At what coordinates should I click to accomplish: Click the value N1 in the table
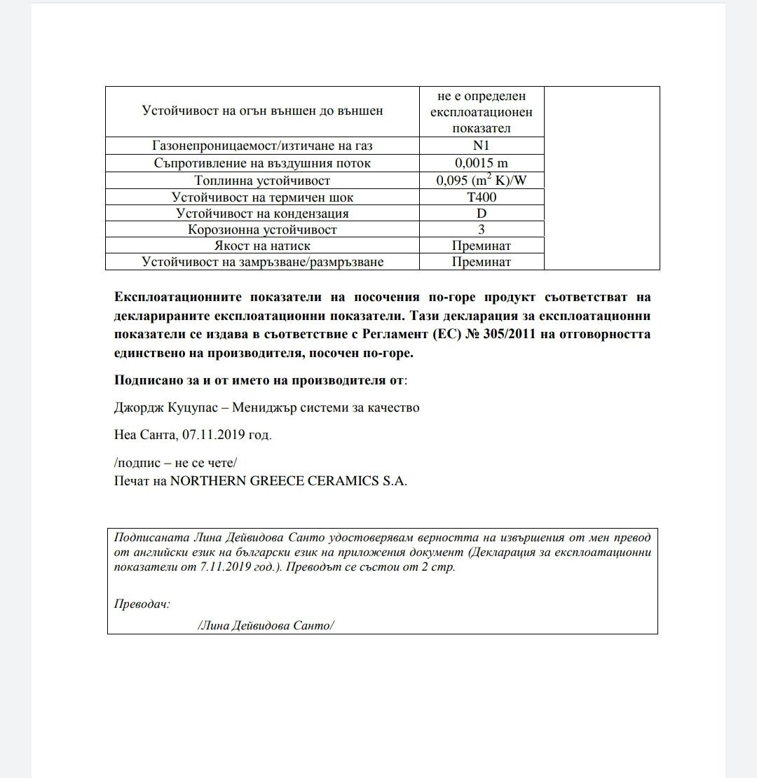point(481,146)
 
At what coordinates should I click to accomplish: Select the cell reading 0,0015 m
point(481,163)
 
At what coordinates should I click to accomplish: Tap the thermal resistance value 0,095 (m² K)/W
point(481,180)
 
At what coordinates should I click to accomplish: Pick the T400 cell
point(481,197)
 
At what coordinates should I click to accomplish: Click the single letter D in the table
point(481,213)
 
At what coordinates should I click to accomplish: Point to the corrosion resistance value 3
point(481,229)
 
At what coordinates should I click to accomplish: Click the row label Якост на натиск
point(262,246)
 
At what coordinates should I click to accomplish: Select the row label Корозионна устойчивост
point(262,229)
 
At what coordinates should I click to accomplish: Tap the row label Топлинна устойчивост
point(262,180)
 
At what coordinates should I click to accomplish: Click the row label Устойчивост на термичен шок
point(262,197)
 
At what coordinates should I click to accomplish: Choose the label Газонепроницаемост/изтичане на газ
point(262,146)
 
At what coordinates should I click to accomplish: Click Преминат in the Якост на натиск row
point(481,246)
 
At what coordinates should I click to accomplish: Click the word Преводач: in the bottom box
point(142,604)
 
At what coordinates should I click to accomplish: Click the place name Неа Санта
point(144,435)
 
